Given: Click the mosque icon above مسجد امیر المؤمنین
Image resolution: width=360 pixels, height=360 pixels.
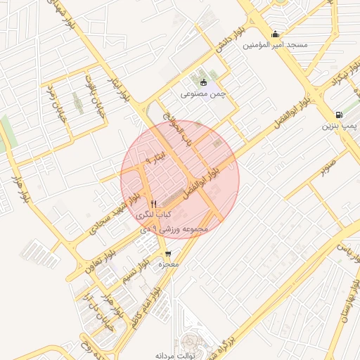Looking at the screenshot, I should tap(276, 34).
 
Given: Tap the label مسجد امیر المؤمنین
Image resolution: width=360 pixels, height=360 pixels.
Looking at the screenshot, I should tap(276, 45).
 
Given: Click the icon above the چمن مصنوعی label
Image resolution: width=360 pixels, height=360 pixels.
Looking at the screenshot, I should tap(204, 82).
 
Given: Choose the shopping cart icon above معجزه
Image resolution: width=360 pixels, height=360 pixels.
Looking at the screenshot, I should tap(168, 254).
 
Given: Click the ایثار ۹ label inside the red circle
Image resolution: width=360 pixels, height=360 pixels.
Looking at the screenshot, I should tap(158, 155).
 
